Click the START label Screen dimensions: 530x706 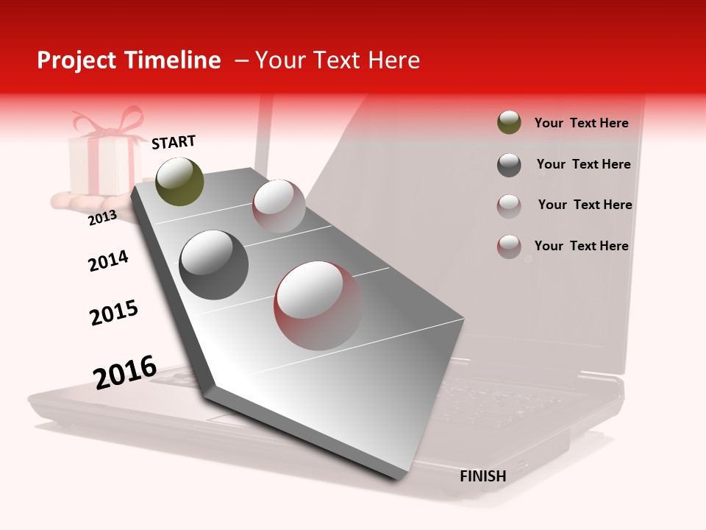coord(174,142)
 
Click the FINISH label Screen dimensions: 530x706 coord(483,476)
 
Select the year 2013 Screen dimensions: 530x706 coord(102,217)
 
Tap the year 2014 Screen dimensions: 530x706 coord(108,261)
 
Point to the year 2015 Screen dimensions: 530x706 coord(114,313)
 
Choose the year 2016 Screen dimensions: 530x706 coord(125,372)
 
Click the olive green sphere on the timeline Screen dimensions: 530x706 coord(179,181)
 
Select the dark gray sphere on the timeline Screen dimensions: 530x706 coord(214,265)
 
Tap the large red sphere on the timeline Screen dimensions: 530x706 coord(318,305)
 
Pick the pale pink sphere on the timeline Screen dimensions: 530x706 coord(279,206)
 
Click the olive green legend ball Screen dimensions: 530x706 coord(509,123)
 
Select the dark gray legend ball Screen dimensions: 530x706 coord(509,165)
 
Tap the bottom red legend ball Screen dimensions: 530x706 coord(509,247)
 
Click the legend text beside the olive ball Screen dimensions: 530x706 coord(581,123)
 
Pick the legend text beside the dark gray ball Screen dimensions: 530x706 coord(583,164)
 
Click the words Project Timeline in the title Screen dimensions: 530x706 coord(129,60)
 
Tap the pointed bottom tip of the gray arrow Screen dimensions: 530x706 coord(400,478)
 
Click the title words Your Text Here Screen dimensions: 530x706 coord(337,60)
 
